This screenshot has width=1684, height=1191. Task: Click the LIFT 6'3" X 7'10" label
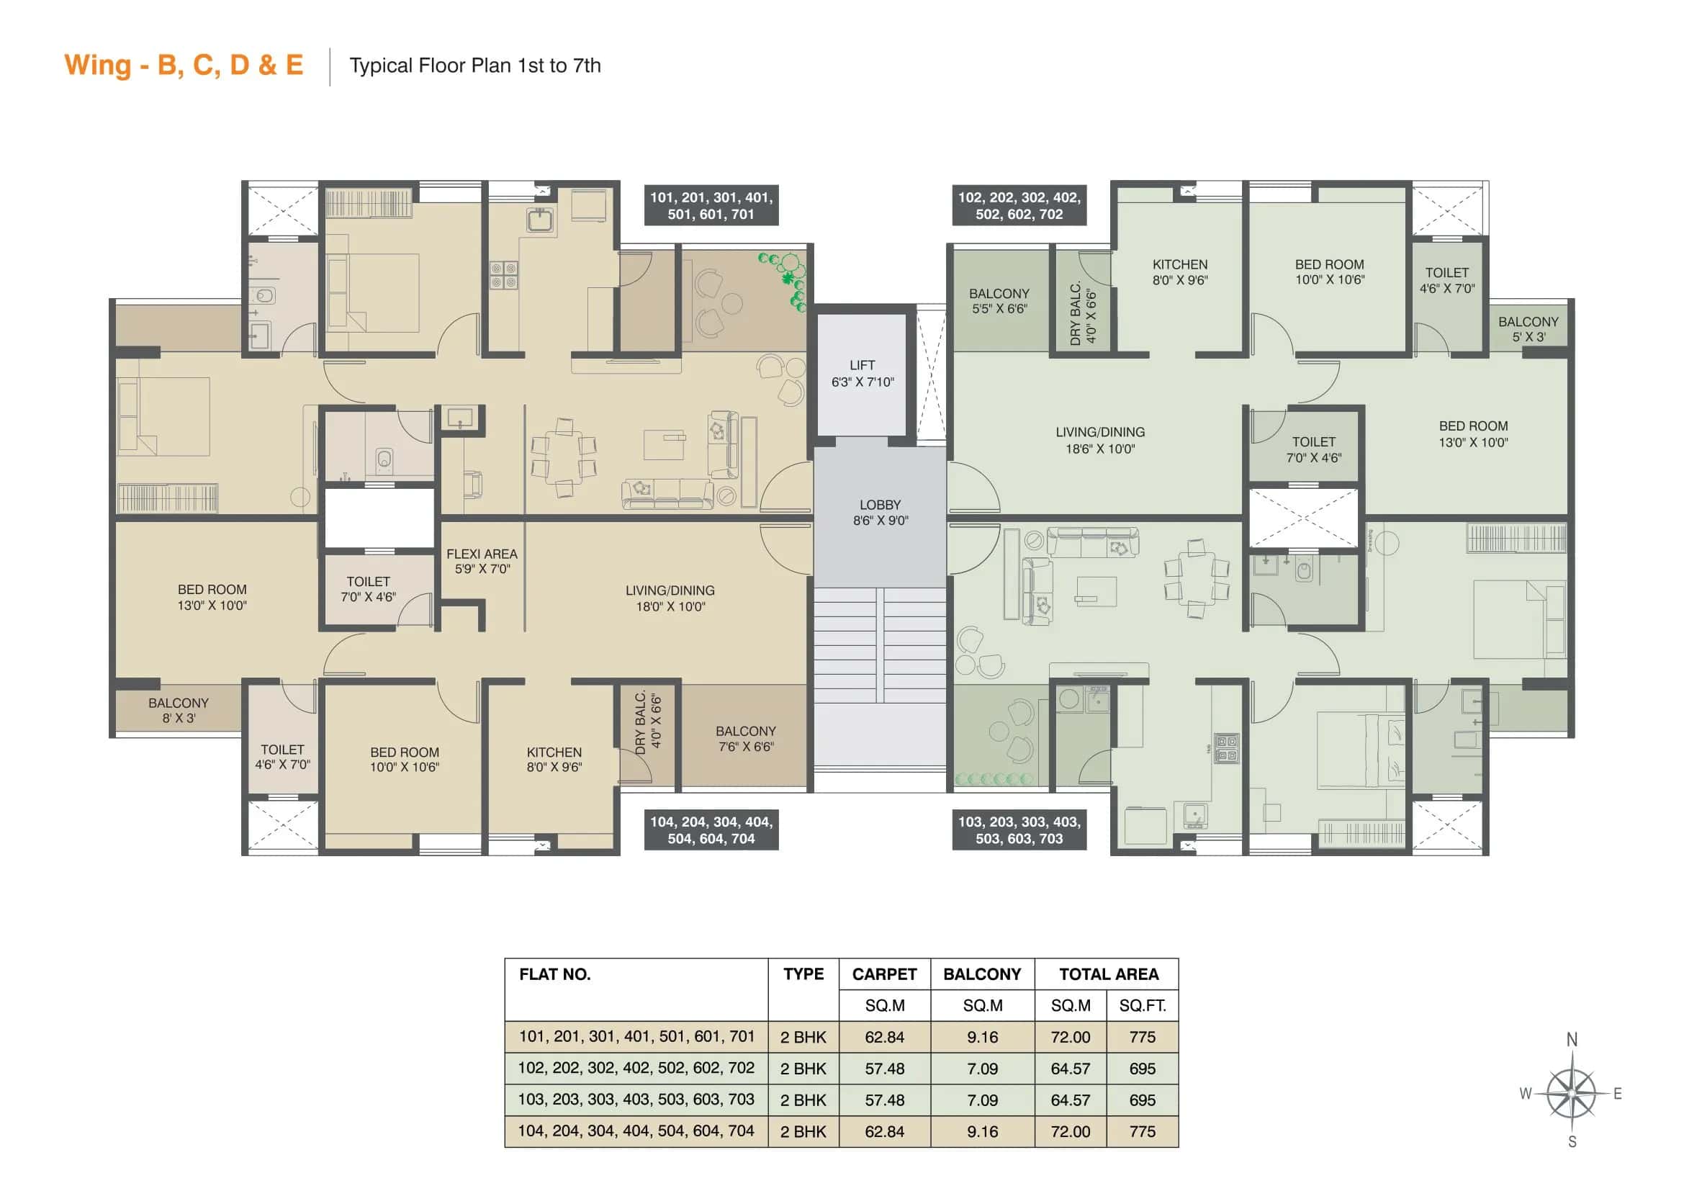click(x=863, y=373)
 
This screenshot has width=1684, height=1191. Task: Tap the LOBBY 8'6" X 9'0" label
click(x=879, y=513)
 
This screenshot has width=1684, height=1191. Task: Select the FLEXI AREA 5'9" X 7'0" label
click(x=482, y=561)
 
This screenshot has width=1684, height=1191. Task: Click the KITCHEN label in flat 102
click(x=1179, y=271)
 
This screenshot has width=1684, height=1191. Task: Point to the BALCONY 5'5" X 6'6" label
click(x=999, y=301)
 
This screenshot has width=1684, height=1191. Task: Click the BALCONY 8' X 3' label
click(x=179, y=710)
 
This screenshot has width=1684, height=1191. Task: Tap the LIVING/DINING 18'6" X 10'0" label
click(x=1099, y=440)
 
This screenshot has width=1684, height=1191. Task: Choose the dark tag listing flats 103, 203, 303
click(x=1019, y=830)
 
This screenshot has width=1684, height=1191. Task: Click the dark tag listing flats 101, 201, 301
click(x=711, y=205)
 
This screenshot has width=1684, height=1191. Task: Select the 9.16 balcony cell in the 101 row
click(x=982, y=1037)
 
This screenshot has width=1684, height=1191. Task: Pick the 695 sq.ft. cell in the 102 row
click(x=1142, y=1069)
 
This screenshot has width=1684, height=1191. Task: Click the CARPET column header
click(x=884, y=974)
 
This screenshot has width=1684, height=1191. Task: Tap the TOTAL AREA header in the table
click(x=1108, y=974)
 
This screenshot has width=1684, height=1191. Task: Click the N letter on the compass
click(x=1572, y=1039)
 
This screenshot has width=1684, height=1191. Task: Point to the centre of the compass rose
click(x=1571, y=1094)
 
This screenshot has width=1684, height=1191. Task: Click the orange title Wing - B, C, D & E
click(x=184, y=66)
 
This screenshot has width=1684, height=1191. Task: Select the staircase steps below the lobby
click(x=879, y=645)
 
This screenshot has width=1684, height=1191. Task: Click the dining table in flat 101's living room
click(x=563, y=457)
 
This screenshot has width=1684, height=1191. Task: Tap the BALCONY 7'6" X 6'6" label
click(x=745, y=739)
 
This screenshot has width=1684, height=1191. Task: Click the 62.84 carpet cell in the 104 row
click(x=884, y=1132)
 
